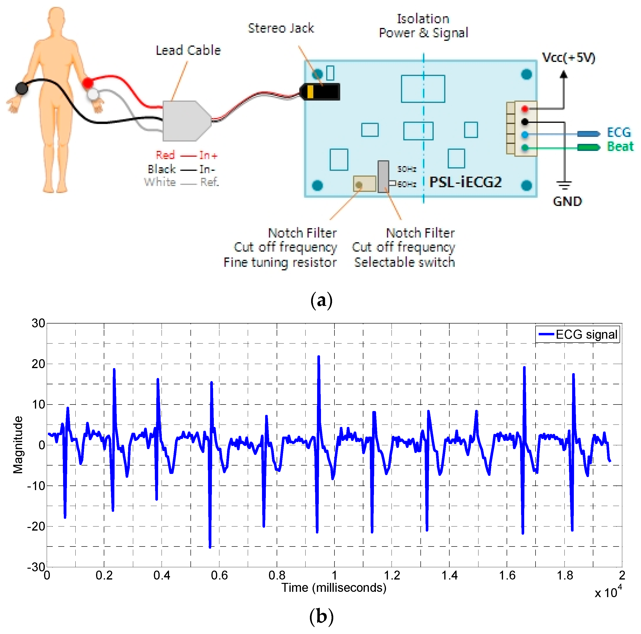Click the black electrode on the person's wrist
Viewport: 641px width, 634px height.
pos(22,88)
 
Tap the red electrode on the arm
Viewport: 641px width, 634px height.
pos(88,83)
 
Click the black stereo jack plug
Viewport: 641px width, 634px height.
pos(320,92)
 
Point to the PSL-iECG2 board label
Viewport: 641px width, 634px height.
pos(465,182)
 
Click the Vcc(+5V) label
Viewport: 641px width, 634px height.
pos(568,58)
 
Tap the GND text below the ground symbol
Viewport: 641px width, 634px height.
pos(567,202)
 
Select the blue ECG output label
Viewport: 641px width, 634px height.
pos(618,133)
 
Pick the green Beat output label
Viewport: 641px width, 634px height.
pos(620,147)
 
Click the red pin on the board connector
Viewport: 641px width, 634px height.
pos(524,109)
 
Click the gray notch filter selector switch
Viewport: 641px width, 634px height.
pos(383,176)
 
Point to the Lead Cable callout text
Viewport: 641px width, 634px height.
pos(188,50)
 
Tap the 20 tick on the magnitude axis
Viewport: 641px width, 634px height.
pos(38,364)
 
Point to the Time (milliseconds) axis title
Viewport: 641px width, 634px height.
pos(334,588)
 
